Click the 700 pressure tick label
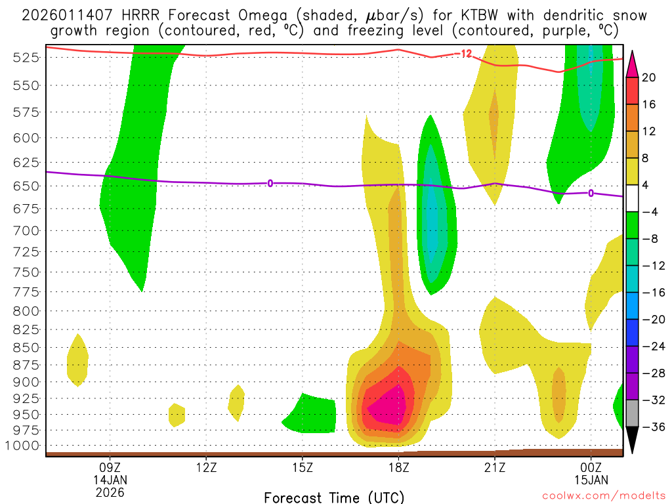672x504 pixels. (x=24, y=230)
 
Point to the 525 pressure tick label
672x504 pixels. (x=24, y=58)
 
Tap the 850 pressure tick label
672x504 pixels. (x=24, y=347)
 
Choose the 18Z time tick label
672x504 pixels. (x=398, y=467)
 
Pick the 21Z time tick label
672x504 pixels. (x=495, y=467)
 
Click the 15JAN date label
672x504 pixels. (x=591, y=480)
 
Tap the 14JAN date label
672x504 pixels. (x=110, y=480)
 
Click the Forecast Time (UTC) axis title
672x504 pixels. (x=334, y=497)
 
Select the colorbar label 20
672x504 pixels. (x=650, y=77)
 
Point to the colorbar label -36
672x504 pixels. (x=650, y=427)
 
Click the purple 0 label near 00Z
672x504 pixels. (x=591, y=193)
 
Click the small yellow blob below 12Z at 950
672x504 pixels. (x=177, y=415)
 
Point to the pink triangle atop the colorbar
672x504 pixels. (x=632, y=63)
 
